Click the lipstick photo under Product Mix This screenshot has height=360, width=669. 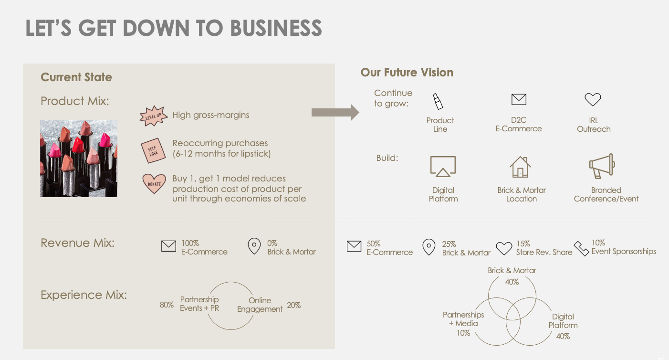coord(79,159)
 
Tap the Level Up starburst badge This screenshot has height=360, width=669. coord(153,116)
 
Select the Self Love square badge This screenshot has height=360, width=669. coord(153,149)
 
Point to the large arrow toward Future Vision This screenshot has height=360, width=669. coord(335,113)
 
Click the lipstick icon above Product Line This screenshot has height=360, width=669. coord(438,101)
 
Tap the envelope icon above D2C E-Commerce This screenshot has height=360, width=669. coord(519,99)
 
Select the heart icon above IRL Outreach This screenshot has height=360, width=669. coord(593,99)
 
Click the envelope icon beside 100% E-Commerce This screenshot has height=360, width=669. coord(168,246)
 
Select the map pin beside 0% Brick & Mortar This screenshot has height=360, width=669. coord(254,246)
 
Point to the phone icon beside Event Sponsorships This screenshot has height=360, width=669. coord(581,248)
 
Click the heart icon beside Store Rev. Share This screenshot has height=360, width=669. coord(504,248)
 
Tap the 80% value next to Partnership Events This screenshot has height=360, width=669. coord(167,305)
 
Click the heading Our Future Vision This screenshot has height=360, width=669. coord(407,73)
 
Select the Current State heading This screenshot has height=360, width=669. coord(76,77)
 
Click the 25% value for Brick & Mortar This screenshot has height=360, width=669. coord(449,244)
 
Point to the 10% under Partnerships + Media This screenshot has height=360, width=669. coord(463,333)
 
